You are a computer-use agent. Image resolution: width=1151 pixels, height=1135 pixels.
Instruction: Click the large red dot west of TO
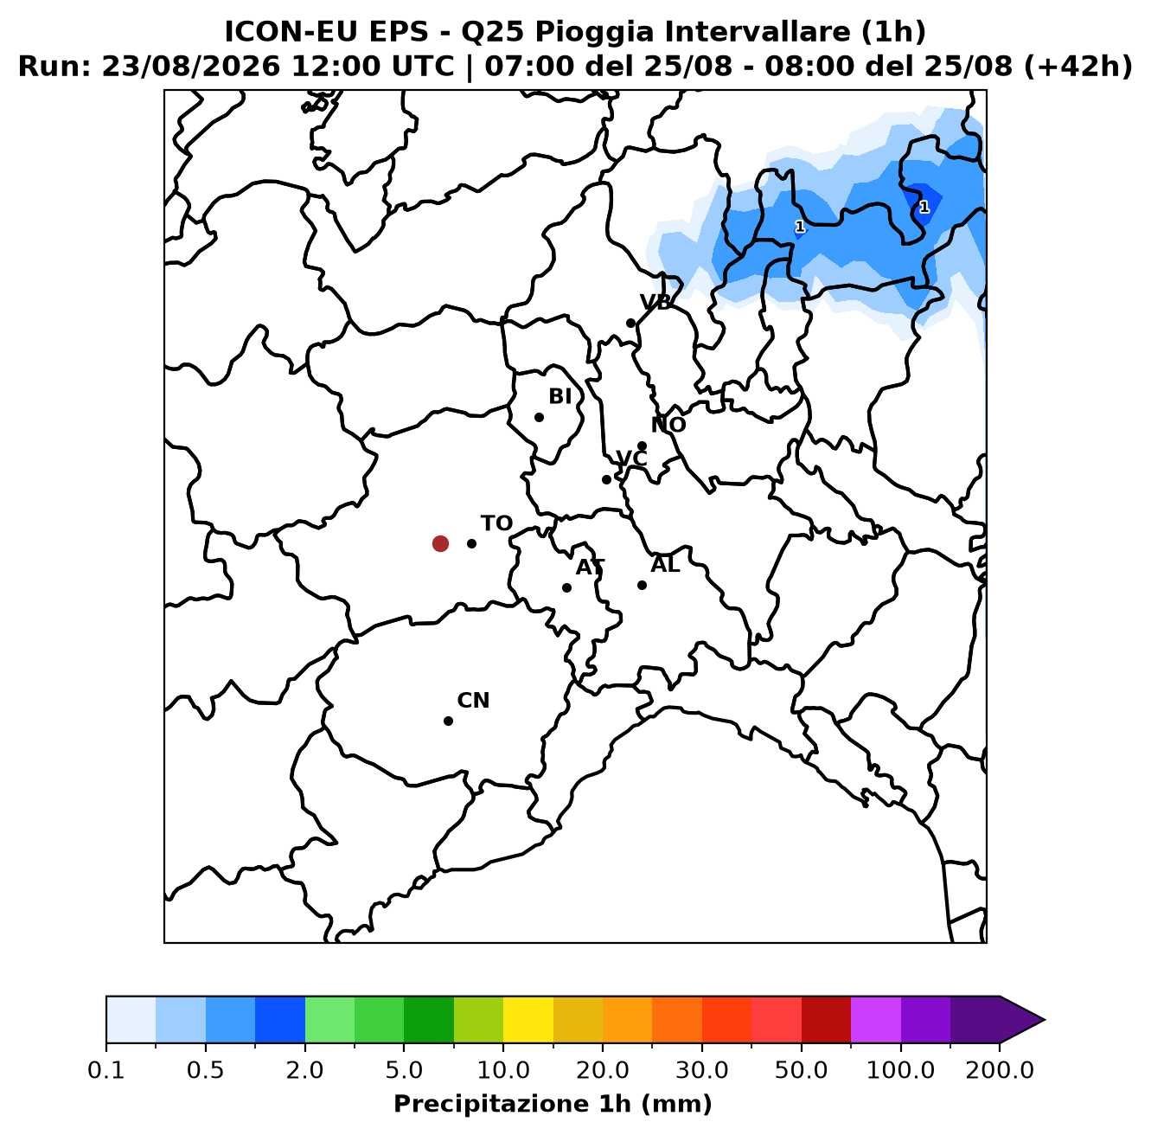pyautogui.click(x=440, y=543)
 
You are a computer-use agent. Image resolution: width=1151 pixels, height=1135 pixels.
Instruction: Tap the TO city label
pyautogui.click(x=496, y=523)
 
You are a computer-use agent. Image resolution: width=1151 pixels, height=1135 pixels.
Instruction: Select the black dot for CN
pyautogui.click(x=448, y=721)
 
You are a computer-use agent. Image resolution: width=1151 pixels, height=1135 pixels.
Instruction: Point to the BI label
pyautogui.click(x=560, y=396)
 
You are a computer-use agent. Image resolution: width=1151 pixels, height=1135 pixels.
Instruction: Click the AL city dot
pyautogui.click(x=642, y=585)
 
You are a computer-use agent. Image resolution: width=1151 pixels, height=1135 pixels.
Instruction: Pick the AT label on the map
pyautogui.click(x=590, y=567)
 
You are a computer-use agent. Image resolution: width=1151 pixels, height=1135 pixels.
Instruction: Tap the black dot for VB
pyautogui.click(x=630, y=324)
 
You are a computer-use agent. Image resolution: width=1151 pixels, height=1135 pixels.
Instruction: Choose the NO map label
pyautogui.click(x=668, y=425)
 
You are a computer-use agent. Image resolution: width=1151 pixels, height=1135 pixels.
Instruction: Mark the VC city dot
pyautogui.click(x=606, y=479)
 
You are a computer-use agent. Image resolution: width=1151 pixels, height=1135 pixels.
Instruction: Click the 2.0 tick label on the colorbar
pyautogui.click(x=304, y=1070)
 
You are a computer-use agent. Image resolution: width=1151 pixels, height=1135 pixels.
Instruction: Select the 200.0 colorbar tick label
pyautogui.click(x=1000, y=1070)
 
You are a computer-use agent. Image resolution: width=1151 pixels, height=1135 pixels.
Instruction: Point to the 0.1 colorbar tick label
pyautogui.click(x=106, y=1070)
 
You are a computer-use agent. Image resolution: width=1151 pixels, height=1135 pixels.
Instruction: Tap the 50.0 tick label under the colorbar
pyautogui.click(x=801, y=1070)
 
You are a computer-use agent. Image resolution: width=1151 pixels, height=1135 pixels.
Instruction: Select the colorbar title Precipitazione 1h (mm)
pyautogui.click(x=553, y=1104)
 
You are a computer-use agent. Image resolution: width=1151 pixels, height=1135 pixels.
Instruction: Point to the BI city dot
pyautogui.click(x=539, y=417)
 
